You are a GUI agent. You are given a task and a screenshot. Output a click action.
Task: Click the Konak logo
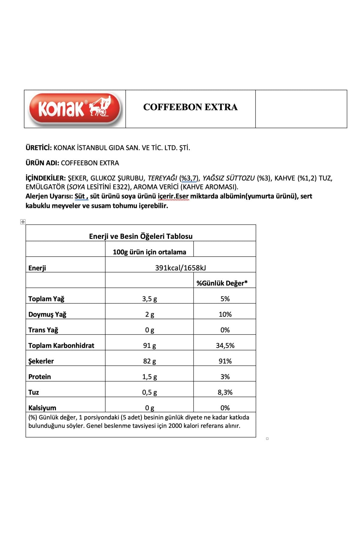[75, 109]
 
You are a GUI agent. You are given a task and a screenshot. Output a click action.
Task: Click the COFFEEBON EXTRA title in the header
[190, 107]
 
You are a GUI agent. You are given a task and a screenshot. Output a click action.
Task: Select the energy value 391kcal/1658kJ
[180, 268]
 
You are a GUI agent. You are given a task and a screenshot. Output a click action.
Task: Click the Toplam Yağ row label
[46, 299]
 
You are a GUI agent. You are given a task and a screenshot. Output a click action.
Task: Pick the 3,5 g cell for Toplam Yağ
[149, 299]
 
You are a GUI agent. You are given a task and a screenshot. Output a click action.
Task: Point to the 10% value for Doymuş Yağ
[225, 314]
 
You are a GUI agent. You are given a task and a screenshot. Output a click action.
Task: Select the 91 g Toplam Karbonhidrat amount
[149, 346]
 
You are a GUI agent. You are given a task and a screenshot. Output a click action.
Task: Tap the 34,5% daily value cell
[225, 346]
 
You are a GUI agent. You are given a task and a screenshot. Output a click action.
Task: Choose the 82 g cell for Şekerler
[149, 361]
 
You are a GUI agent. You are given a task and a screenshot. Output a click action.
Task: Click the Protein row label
[40, 377]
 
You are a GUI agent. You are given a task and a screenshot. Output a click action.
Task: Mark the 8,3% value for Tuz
[225, 392]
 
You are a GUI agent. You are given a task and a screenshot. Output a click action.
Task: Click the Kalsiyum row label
[42, 408]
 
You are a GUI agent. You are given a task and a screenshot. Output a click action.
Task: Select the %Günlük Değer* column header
[222, 283]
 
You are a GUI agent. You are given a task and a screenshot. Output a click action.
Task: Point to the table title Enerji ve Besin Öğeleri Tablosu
[141, 236]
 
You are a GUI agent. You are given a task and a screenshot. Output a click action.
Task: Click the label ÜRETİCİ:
[39, 148]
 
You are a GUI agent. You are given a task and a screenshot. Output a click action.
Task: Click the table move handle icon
[23, 222]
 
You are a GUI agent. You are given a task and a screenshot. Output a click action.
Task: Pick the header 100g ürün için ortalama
[149, 252]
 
